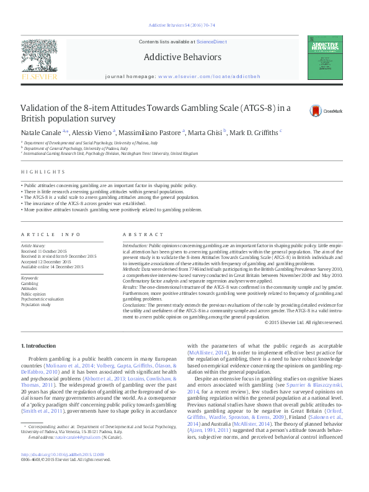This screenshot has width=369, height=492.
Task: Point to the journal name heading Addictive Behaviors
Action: click(182, 57)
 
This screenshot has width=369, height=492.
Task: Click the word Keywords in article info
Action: click(30, 278)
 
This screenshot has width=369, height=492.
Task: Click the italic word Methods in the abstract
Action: click(132, 271)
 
